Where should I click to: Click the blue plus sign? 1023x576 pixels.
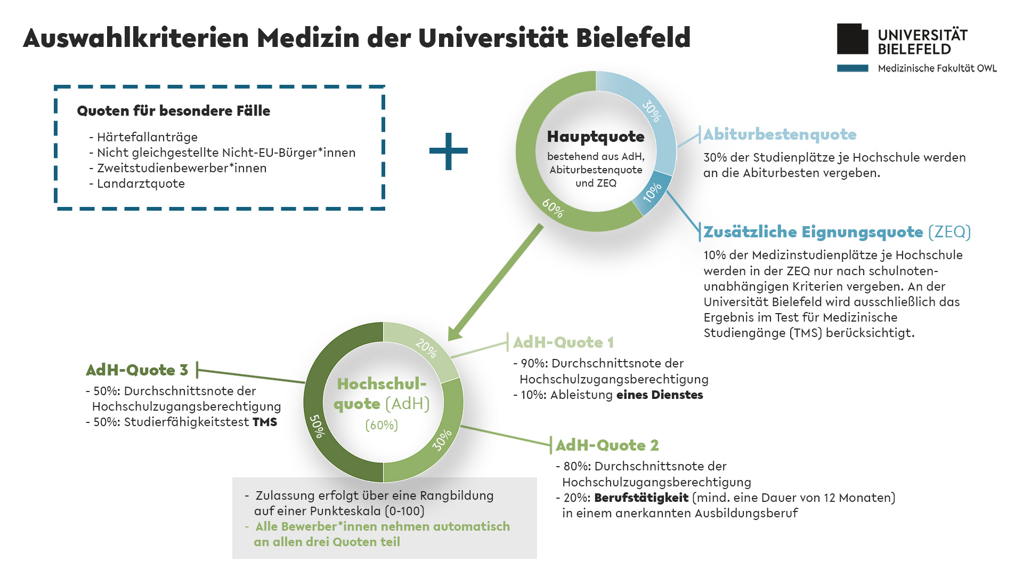click(x=449, y=151)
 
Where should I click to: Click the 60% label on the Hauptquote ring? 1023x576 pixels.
click(x=553, y=208)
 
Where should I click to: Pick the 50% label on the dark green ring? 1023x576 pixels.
click(x=317, y=426)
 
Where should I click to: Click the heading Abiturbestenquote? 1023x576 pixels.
click(x=780, y=134)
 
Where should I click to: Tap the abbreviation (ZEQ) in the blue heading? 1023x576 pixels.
click(x=949, y=232)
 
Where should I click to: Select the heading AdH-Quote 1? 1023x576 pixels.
click(x=563, y=342)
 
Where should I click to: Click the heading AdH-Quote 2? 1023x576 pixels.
click(x=607, y=445)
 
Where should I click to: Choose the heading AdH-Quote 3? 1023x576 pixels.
click(x=137, y=370)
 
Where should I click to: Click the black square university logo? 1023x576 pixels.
click(x=852, y=39)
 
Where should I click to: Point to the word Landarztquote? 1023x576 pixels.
click(x=141, y=184)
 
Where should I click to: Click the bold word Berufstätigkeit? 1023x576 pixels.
click(x=641, y=498)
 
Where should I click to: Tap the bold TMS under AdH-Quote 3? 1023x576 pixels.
click(x=265, y=422)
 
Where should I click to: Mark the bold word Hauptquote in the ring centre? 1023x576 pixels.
click(x=596, y=137)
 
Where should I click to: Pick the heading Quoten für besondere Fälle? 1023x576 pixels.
click(x=174, y=111)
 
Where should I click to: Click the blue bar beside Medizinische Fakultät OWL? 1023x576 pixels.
click(x=852, y=68)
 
